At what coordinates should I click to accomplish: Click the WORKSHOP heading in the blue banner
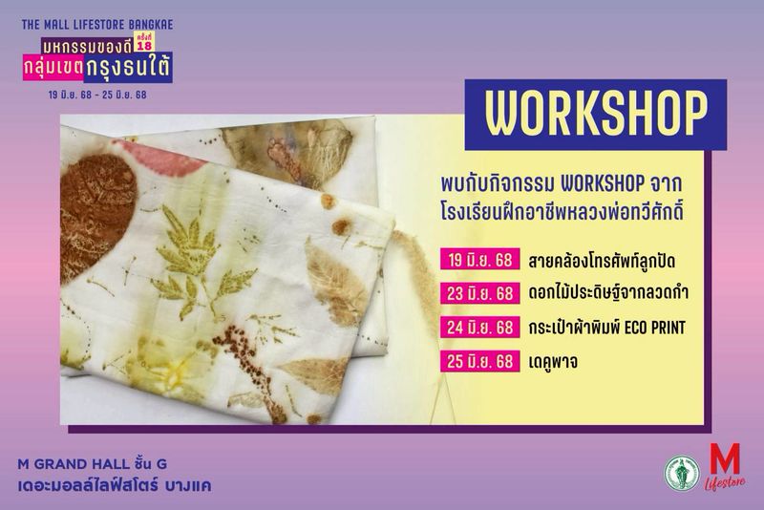596,114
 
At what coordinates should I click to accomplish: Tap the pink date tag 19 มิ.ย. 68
480,260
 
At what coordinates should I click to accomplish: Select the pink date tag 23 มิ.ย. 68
480,294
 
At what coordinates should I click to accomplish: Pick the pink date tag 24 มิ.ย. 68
480,328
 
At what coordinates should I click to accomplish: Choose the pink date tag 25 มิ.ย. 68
480,361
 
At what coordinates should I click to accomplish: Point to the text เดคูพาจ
554,362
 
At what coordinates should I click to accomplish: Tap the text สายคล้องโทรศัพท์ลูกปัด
602,261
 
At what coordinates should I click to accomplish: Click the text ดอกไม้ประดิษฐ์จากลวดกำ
608,293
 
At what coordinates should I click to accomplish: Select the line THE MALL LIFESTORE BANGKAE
97,25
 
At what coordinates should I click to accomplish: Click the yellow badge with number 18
145,44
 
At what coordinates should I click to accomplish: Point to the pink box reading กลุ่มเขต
53,67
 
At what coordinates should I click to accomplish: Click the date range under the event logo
97,95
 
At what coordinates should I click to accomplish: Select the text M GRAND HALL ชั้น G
93,464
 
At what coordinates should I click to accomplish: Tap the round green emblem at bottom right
682,473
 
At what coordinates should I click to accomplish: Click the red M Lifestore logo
725,466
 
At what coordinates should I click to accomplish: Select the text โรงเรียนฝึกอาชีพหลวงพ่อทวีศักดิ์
562,212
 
